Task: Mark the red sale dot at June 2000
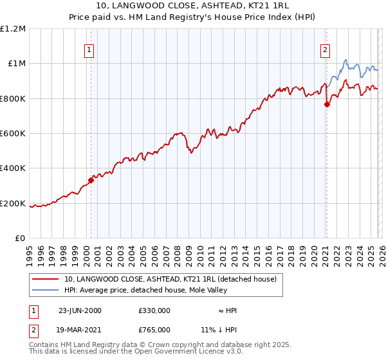point(91,181)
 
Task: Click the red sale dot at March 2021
point(327,105)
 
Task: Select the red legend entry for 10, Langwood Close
point(170,279)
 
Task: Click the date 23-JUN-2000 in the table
point(80,310)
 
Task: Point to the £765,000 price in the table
point(154,328)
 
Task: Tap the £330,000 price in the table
point(154,310)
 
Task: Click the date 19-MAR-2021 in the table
point(80,328)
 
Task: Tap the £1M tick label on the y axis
point(16,63)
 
